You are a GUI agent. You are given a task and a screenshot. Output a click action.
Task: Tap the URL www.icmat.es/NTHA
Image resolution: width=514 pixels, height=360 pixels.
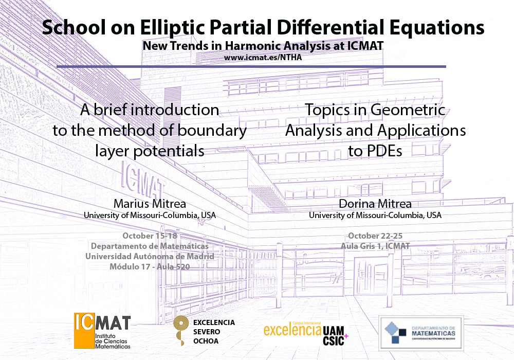(263, 58)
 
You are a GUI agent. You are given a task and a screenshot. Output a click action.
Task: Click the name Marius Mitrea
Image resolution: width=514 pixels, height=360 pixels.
(150, 204)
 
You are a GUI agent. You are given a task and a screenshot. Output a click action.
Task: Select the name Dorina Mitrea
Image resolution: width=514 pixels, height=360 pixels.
(375, 204)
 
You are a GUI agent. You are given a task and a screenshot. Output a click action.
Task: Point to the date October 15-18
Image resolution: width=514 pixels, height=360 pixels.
(150, 236)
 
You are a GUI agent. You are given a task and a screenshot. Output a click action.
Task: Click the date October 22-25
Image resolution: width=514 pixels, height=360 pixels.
(375, 236)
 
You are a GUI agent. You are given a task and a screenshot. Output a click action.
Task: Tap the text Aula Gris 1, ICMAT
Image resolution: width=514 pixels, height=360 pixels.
(375, 246)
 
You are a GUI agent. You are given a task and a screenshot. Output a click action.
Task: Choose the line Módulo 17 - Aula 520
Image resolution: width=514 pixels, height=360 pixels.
(150, 266)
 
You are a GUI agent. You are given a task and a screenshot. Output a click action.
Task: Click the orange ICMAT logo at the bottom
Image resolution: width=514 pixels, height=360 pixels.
(102, 331)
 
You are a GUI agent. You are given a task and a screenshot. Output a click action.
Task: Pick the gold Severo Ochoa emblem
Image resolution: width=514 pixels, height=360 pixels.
(180, 330)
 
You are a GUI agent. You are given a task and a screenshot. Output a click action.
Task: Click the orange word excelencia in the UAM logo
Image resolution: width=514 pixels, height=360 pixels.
(292, 330)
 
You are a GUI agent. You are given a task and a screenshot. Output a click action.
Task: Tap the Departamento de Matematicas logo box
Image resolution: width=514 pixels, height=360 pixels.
(421, 333)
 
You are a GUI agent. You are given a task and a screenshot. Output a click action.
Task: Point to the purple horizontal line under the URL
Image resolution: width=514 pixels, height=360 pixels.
(251, 66)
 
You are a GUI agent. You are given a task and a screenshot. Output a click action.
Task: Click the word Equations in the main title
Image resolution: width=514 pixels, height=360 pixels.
(437, 28)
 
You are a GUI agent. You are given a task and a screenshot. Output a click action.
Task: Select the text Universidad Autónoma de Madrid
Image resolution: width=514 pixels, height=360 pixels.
(150, 257)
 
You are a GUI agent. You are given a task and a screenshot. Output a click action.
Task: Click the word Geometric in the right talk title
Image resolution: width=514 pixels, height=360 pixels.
(408, 110)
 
